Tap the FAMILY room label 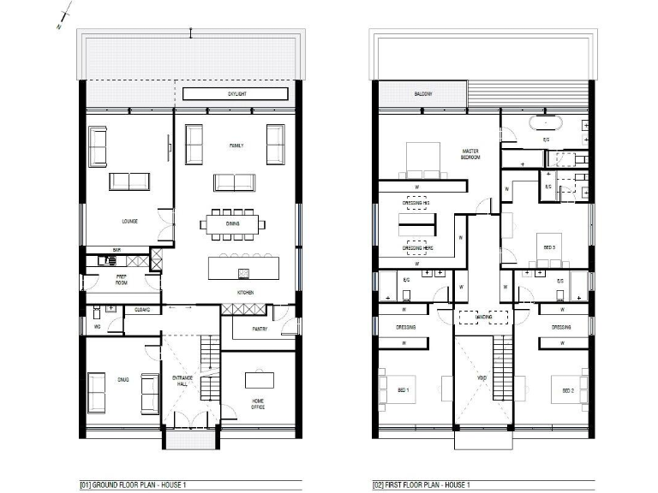coord(236,146)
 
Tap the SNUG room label coord(123,377)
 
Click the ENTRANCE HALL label coord(182,381)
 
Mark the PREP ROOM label coord(123,279)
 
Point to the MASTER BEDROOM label coord(470,154)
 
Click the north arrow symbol coord(62,19)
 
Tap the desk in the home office coord(257,380)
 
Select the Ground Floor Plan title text coord(133,485)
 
